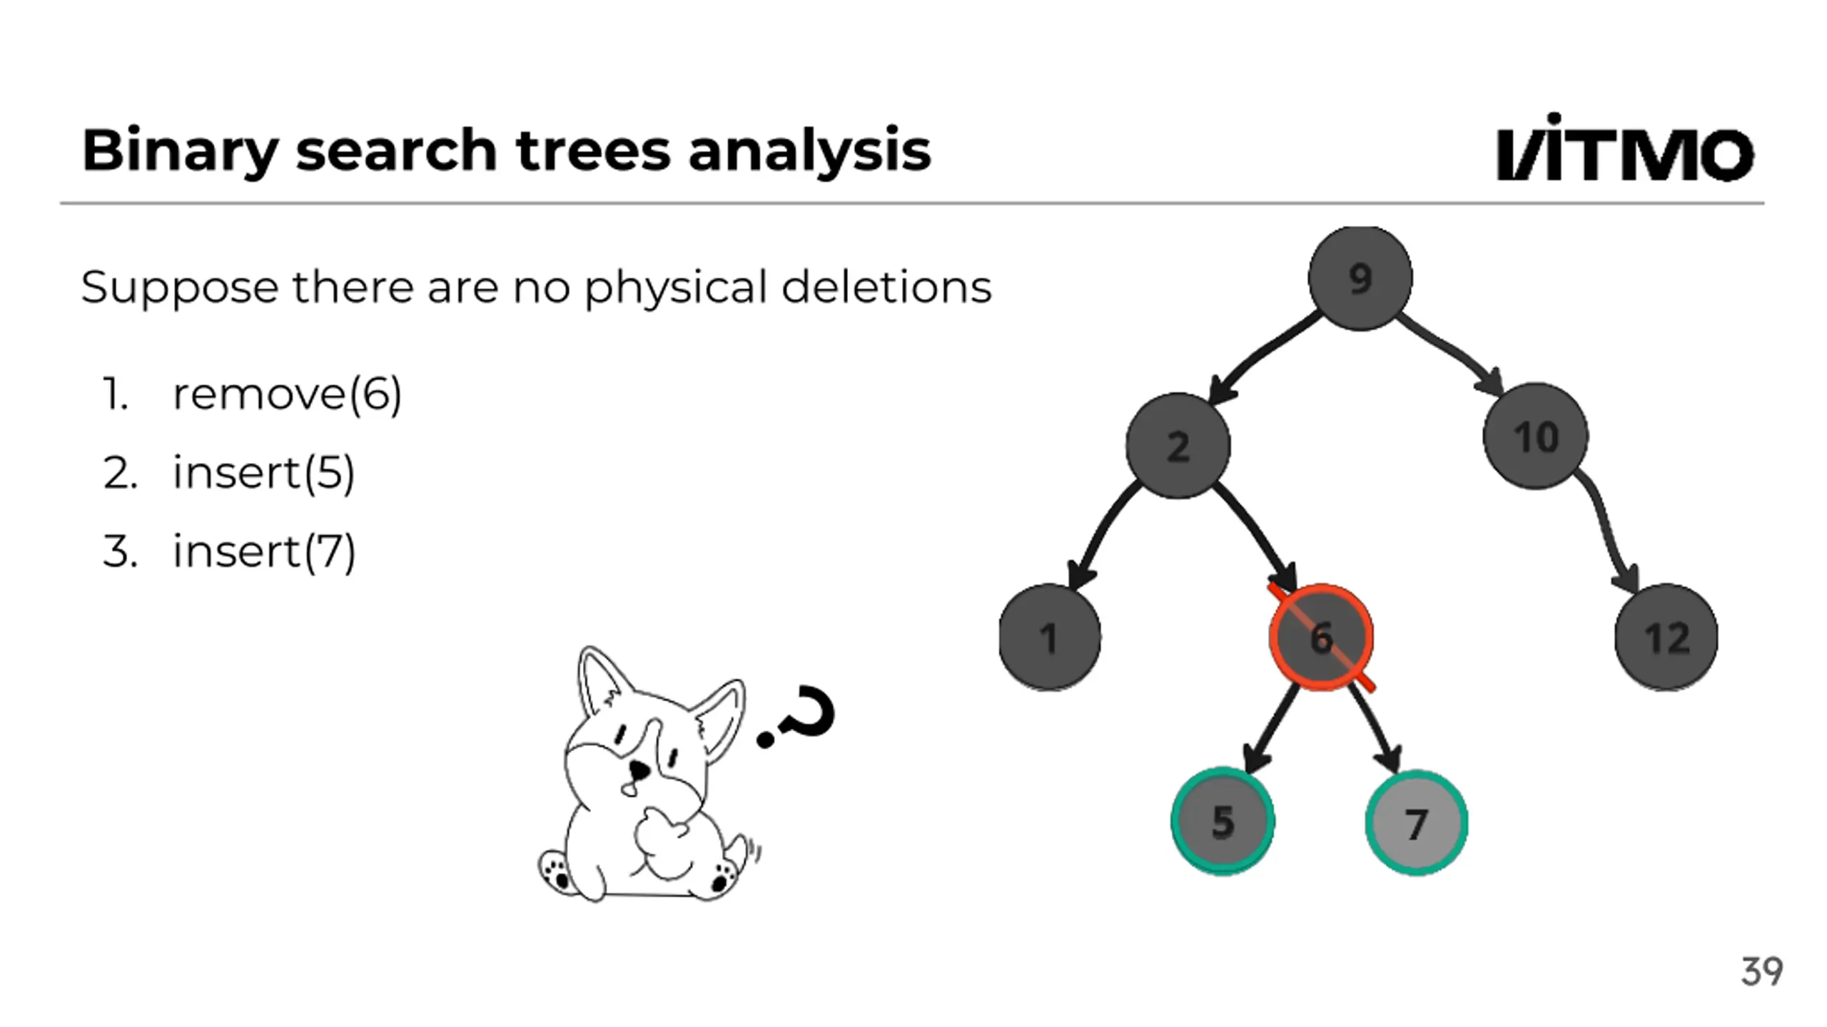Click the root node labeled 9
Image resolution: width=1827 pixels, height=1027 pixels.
tap(1360, 278)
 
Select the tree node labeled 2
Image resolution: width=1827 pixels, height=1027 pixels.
tap(1178, 446)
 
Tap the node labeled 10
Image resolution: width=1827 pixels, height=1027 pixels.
tap(1535, 436)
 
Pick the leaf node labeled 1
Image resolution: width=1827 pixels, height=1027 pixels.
tap(1049, 637)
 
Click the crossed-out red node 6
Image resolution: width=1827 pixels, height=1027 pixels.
tap(1321, 637)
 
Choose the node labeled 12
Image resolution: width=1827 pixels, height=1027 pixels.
tap(1666, 637)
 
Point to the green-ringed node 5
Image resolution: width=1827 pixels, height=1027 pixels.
tap(1223, 821)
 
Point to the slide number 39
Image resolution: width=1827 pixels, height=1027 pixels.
tap(1761, 971)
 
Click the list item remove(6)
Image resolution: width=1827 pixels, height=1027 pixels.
tap(287, 394)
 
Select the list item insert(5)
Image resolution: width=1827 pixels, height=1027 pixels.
tap(263, 472)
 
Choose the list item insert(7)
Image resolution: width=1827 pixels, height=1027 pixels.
tap(263, 551)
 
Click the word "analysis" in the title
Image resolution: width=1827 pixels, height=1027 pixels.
tap(809, 151)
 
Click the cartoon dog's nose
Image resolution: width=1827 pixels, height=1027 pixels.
tap(638, 770)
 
